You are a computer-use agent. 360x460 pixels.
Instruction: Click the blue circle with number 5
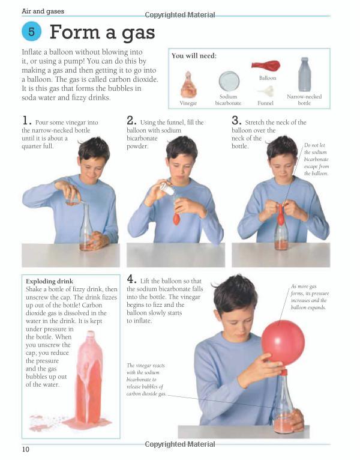[x=31, y=31]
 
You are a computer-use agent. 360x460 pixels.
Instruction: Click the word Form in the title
[x=74, y=32]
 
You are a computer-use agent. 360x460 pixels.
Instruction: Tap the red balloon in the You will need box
[x=266, y=65]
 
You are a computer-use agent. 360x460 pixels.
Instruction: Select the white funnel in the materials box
[x=266, y=91]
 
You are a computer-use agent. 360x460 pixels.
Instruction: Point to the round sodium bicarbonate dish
[x=229, y=81]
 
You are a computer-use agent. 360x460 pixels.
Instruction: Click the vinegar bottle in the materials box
[x=188, y=85]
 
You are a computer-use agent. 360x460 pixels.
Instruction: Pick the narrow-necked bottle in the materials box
[x=305, y=74]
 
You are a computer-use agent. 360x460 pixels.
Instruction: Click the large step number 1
[x=26, y=121]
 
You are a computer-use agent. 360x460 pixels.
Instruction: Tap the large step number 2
[x=131, y=121]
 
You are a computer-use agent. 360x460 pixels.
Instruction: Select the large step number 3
[x=236, y=121]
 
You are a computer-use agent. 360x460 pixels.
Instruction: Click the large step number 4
[x=131, y=279]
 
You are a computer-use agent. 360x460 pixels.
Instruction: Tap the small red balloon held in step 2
[x=176, y=218]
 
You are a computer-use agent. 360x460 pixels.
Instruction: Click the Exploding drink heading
[x=50, y=281]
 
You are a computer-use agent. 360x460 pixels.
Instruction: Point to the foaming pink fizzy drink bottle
[x=89, y=378]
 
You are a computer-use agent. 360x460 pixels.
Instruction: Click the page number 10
[x=26, y=449]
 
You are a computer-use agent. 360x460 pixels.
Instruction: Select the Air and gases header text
[x=43, y=11]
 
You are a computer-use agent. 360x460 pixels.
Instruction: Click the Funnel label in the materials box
[x=265, y=103]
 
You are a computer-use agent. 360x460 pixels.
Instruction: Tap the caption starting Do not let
[x=316, y=159]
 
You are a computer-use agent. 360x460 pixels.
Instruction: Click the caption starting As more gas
[x=310, y=297]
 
